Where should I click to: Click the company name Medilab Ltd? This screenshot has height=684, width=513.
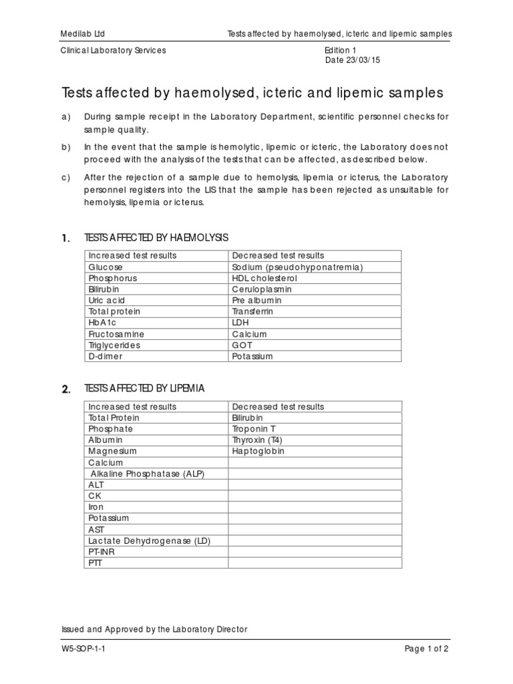click(x=83, y=33)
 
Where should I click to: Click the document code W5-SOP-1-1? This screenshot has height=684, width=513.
click(x=83, y=649)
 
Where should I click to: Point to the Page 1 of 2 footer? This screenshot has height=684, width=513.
click(x=427, y=649)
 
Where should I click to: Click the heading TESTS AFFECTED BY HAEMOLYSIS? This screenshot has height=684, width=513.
click(x=156, y=238)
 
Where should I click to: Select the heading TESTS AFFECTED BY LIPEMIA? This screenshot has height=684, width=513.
click(x=144, y=388)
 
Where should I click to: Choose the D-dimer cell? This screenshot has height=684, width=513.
click(x=106, y=357)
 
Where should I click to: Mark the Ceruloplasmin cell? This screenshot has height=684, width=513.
click(x=262, y=289)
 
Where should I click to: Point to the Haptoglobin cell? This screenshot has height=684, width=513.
click(x=258, y=452)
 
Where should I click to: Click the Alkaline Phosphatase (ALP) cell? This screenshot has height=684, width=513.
click(x=147, y=474)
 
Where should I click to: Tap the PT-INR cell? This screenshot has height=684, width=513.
click(x=101, y=552)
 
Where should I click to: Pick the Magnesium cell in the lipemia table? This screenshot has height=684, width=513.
click(x=112, y=452)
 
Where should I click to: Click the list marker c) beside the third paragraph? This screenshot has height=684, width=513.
click(x=65, y=178)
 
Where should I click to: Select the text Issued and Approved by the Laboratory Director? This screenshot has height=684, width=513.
click(x=154, y=629)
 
